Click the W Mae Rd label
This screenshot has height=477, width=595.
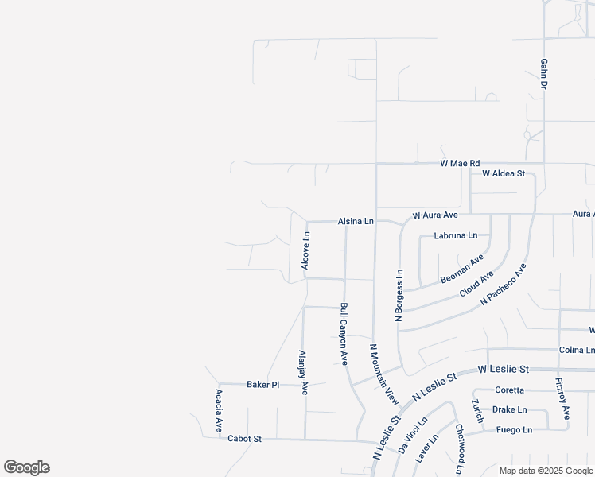tap(461, 163)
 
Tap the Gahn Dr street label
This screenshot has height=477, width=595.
tap(545, 72)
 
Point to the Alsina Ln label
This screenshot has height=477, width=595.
tap(355, 221)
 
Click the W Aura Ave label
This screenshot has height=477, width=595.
tap(434, 215)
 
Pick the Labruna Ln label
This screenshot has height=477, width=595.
tap(456, 235)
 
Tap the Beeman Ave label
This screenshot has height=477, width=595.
tap(462, 270)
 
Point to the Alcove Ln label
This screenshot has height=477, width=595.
tap(306, 250)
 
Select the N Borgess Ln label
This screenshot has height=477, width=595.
tap(399, 294)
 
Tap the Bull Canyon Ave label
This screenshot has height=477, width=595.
tap(344, 333)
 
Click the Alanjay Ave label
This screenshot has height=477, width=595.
tap(302, 373)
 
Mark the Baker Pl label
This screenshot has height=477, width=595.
tap(262, 385)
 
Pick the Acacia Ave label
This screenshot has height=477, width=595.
tap(219, 410)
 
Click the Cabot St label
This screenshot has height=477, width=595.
tap(244, 438)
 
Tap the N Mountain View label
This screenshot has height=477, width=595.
tap(383, 370)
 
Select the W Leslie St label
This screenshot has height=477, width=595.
tap(503, 370)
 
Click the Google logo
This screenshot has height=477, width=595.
tap(26, 467)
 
